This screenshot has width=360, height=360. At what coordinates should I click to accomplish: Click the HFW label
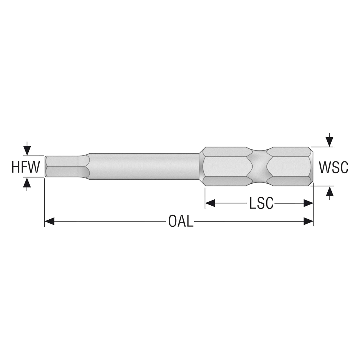[26, 167]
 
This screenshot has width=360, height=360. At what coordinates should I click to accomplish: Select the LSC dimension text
[261, 203]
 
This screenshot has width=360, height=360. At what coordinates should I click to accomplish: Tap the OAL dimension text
[181, 221]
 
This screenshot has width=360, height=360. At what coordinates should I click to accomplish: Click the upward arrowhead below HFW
[27, 182]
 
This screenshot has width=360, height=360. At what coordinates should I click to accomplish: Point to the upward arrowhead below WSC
[330, 191]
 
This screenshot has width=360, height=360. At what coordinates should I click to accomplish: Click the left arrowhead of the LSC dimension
[210, 203]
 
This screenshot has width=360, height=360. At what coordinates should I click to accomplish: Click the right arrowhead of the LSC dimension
[309, 203]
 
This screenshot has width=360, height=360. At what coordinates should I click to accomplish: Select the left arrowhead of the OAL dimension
[49, 221]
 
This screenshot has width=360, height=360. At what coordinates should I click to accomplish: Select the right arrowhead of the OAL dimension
[309, 221]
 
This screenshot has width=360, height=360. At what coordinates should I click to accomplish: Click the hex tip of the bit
[62, 166]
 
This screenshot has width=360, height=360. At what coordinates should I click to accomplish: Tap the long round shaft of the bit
[144, 166]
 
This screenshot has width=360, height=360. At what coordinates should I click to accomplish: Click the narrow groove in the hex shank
[259, 166]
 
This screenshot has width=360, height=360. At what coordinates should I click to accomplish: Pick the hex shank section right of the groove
[290, 166]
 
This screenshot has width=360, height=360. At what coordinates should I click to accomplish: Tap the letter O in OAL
[172, 221]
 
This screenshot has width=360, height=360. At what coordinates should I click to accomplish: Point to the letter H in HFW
[15, 167]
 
